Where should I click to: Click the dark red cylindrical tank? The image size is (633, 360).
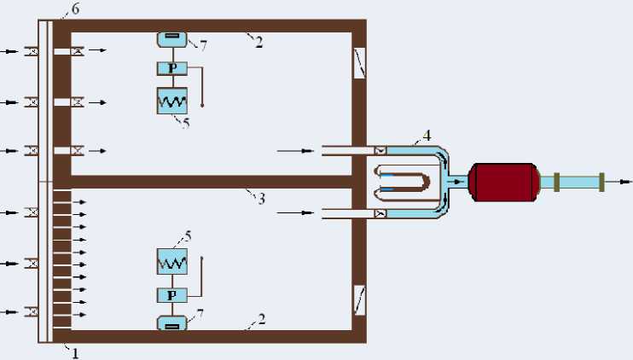[x=502, y=182]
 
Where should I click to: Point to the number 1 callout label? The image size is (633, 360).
[x=75, y=352]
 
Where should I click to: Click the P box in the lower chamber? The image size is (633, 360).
[x=172, y=295]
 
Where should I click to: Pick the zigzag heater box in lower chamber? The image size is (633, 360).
[x=172, y=262]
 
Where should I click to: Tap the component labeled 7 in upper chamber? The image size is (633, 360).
[x=171, y=38]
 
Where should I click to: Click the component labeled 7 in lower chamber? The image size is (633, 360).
[x=171, y=323]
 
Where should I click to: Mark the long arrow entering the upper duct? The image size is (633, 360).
[x=295, y=151]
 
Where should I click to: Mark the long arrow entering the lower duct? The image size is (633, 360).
[x=295, y=211]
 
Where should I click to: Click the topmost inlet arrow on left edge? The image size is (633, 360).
[x=9, y=52]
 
